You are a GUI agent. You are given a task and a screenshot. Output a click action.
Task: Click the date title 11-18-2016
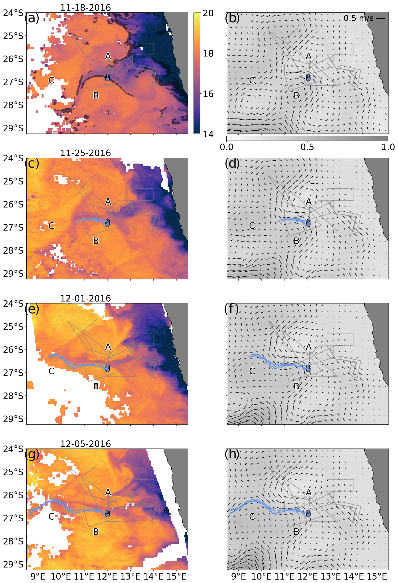(x=85, y=8)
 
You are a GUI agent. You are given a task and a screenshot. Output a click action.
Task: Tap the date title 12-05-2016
(x=85, y=444)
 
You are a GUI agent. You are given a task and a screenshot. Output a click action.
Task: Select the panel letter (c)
(x=32, y=164)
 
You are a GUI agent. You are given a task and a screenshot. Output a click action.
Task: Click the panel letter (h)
(x=232, y=454)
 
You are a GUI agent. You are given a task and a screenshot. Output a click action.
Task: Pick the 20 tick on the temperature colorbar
(x=208, y=13)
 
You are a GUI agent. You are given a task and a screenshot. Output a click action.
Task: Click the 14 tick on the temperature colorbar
(x=208, y=134)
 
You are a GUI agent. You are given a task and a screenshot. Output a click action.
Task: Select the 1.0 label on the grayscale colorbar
(x=388, y=147)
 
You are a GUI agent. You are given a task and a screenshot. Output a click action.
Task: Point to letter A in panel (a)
(x=108, y=56)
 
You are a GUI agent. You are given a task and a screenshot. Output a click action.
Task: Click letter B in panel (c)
(x=96, y=241)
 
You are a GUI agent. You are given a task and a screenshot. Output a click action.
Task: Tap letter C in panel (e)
(x=51, y=371)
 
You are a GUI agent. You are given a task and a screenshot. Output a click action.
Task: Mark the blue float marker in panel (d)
(x=308, y=223)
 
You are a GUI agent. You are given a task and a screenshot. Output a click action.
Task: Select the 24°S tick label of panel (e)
(x=13, y=304)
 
